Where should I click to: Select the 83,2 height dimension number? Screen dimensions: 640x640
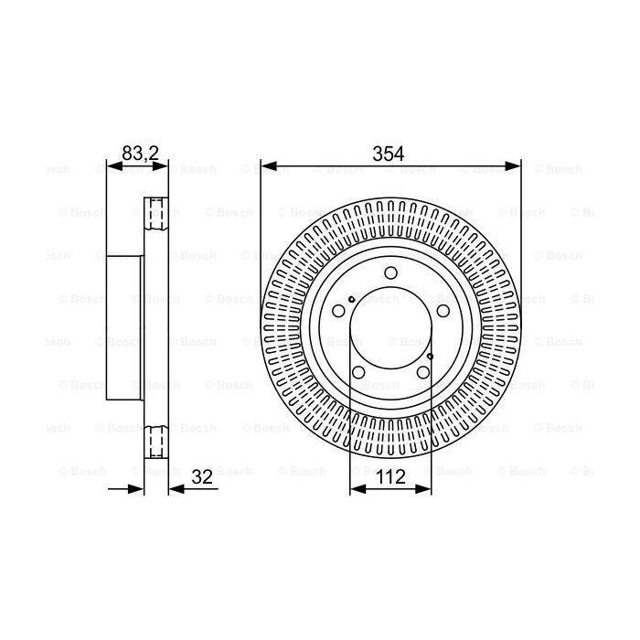[x=140, y=154]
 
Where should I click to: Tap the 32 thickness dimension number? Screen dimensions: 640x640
[x=204, y=475]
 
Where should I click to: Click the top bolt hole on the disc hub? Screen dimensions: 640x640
[x=390, y=272]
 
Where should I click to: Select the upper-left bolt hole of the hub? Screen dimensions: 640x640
[x=338, y=309]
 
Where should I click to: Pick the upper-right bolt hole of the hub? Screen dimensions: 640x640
[x=443, y=309]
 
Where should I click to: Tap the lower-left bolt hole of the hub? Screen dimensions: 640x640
[x=358, y=371]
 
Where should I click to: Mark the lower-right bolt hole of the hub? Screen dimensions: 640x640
[x=422, y=371]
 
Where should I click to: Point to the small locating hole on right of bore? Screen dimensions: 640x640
[x=430, y=356]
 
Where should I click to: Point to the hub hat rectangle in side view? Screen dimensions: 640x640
[x=125, y=328]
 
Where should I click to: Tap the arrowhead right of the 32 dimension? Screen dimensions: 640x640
[x=175, y=489]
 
